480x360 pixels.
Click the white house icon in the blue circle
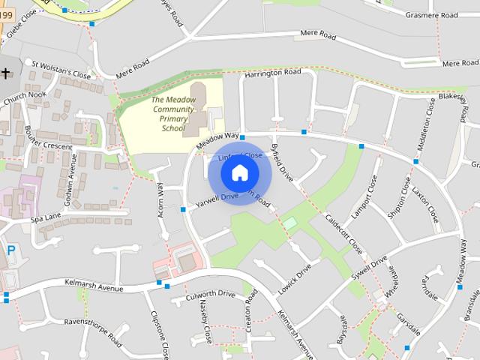[x=239, y=173]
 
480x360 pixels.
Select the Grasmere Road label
[x=431, y=15]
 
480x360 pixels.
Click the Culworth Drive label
[x=213, y=295]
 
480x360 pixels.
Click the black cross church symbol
[x=6, y=73]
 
